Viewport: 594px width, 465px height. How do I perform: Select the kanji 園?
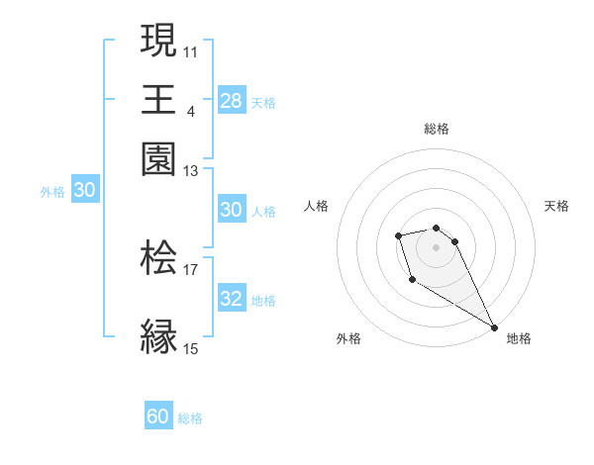point(158,158)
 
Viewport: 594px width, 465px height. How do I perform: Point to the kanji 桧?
point(158,258)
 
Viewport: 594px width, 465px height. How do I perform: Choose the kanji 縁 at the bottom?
point(158,335)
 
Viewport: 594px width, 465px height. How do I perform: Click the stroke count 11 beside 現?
point(191,50)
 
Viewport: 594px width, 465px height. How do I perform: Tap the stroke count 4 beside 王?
point(191,110)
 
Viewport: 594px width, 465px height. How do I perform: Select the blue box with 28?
point(231,100)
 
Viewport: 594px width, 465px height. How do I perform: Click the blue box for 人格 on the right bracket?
point(231,210)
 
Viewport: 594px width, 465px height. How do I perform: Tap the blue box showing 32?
point(231,299)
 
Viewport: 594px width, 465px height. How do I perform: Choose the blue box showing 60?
point(158,417)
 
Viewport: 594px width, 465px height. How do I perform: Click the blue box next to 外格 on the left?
point(84,191)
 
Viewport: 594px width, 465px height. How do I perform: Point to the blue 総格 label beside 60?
point(190,418)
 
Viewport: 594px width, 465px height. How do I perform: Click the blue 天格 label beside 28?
point(263,102)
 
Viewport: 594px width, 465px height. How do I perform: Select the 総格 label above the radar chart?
point(436,129)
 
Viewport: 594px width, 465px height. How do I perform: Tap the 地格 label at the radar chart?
point(519,338)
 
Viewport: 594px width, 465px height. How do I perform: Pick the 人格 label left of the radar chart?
point(317,206)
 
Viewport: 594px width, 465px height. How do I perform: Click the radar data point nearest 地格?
point(493,327)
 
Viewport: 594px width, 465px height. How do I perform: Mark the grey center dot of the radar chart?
point(436,245)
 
